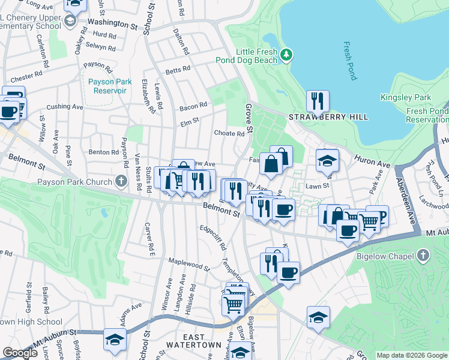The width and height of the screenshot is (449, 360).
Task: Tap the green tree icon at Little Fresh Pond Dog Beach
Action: (x=287, y=55)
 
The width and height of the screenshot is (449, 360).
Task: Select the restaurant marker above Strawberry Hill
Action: (x=318, y=101)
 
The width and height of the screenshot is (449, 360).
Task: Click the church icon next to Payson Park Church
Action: (x=121, y=182)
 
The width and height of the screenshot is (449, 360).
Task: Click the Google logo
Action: (x=20, y=353)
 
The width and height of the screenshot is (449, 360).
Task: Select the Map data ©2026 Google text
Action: (x=411, y=355)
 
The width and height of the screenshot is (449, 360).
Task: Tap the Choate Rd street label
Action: (x=229, y=134)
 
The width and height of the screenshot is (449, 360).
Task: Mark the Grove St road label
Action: (x=248, y=119)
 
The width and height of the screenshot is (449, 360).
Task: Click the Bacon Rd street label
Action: (x=193, y=107)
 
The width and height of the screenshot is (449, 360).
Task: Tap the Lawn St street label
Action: (x=319, y=186)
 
